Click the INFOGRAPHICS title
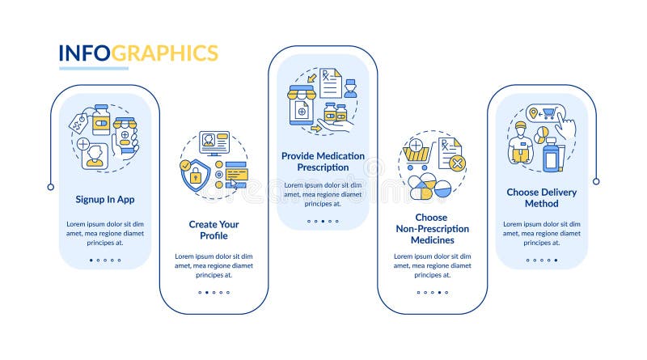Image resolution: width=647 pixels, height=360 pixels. point(138,53)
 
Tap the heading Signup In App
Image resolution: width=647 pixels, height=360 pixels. point(105,199)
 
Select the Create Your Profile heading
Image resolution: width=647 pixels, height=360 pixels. point(214,230)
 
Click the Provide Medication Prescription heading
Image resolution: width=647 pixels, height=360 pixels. point(323,162)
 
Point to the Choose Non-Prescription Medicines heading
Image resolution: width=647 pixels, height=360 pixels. point(432,229)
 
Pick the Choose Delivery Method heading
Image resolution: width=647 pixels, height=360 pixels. point(541,197)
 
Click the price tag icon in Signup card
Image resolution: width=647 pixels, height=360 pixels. point(78,123)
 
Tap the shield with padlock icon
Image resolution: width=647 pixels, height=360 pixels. point(195,175)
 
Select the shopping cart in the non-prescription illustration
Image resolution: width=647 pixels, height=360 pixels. point(418,155)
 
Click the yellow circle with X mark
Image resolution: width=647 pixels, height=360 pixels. point(457,163)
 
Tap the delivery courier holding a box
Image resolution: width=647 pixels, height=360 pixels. point(521,143)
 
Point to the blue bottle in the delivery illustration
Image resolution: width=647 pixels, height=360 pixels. point(551,155)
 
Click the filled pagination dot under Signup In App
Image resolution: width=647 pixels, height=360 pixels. point(91,260)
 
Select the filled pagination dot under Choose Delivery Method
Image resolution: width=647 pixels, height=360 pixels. point(556,260)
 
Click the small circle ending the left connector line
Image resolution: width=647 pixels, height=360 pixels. point(51,187)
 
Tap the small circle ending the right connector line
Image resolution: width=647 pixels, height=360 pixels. point(596,181)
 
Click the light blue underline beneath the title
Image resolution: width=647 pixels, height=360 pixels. point(94,68)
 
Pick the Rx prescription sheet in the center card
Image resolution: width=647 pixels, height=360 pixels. point(331,83)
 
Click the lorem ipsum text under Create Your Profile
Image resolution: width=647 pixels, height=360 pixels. point(214,265)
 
